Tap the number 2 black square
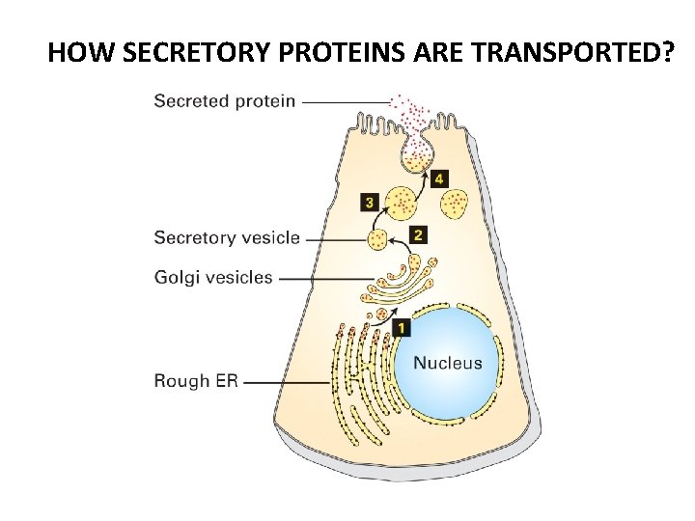tap(417, 234)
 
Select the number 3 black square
tap(370, 203)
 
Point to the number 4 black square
tap(439, 178)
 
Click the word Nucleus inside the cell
tap(447, 364)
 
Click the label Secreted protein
tap(225, 100)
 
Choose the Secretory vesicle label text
tap(227, 237)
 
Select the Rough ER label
tap(195, 381)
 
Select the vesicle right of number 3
tap(401, 203)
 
